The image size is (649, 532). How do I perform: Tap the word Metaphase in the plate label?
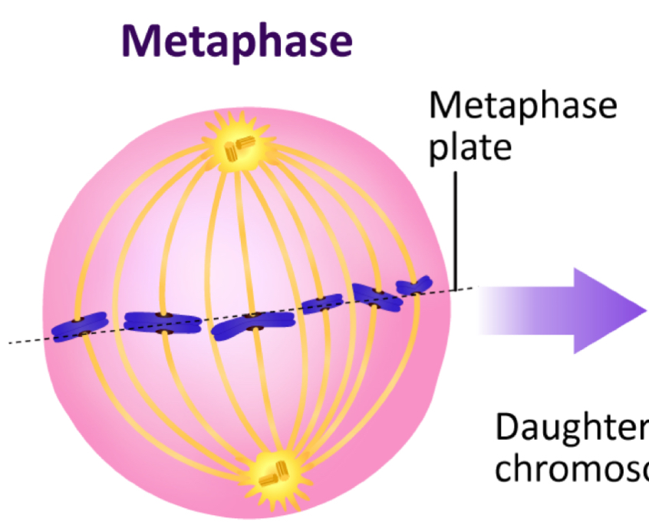522,105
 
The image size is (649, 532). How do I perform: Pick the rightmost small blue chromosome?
414,286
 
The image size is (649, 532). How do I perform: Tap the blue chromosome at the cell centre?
254,324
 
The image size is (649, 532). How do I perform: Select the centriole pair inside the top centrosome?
244,147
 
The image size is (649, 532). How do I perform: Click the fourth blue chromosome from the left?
322,305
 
